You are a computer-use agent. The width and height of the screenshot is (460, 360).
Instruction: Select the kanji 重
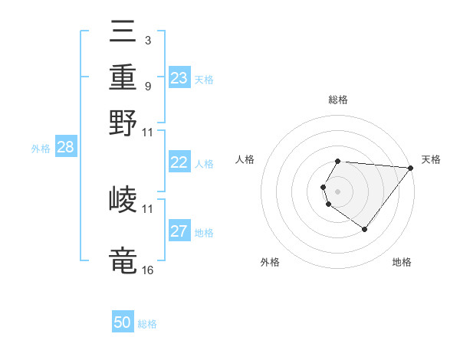pyautogui.click(x=123, y=77)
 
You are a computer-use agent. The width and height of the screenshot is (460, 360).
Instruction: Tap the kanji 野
pyautogui.click(x=123, y=122)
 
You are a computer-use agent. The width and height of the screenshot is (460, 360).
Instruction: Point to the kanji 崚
pyautogui.click(x=123, y=200)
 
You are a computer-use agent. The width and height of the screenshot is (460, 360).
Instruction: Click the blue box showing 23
pyautogui.click(x=179, y=78)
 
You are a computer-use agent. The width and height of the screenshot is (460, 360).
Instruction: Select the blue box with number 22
pyautogui.click(x=179, y=162)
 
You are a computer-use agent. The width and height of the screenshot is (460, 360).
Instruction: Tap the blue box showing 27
pyautogui.click(x=179, y=232)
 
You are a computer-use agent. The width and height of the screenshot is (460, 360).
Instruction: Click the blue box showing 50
pyautogui.click(x=123, y=322)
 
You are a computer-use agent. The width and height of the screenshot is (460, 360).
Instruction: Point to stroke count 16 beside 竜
pyautogui.click(x=147, y=269)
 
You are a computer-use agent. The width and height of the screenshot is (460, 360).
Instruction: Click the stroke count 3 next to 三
pyautogui.click(x=147, y=39)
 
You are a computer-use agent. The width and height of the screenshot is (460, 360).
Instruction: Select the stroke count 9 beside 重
pyautogui.click(x=147, y=86)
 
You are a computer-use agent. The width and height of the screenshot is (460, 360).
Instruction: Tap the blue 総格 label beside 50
pyautogui.click(x=147, y=324)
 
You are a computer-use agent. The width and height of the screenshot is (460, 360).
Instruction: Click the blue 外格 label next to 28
pyautogui.click(x=41, y=149)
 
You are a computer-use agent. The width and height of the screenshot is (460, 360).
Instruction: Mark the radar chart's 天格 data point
pyautogui.click(x=410, y=169)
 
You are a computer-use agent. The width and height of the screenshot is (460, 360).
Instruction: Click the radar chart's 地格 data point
pyautogui.click(x=364, y=229)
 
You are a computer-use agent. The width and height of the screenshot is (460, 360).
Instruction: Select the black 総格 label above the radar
pyautogui.click(x=338, y=100)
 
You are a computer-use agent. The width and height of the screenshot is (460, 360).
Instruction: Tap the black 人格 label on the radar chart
pyautogui.click(x=245, y=159)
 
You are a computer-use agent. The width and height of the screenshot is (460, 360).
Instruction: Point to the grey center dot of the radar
pyautogui.click(x=338, y=191)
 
